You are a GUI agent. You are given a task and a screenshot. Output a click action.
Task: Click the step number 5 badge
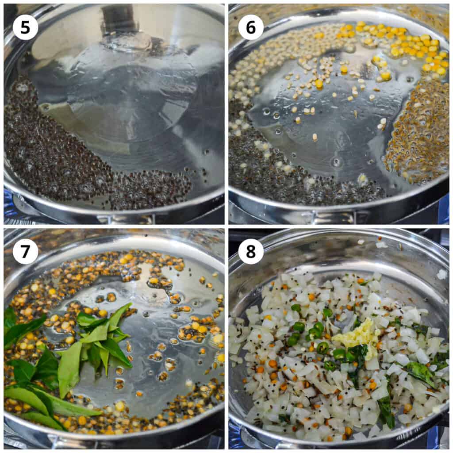click(25, 27)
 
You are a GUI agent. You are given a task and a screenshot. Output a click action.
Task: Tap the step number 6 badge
click(251, 27)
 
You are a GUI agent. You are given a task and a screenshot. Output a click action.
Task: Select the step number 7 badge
click(25, 251)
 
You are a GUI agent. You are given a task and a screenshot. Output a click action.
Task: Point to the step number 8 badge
click(251, 251)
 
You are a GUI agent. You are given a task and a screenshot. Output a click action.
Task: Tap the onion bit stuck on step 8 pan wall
click(441, 274)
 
